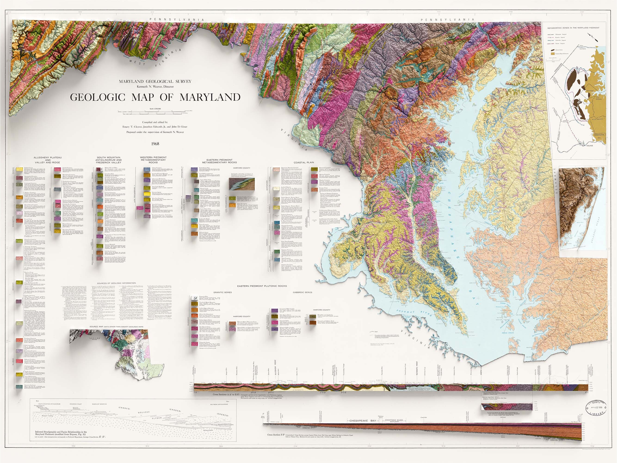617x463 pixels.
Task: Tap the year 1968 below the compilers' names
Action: click(x=155, y=144)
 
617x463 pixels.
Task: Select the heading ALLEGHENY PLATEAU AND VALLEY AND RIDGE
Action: click(x=48, y=160)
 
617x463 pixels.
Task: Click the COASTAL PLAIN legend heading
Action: click(x=304, y=162)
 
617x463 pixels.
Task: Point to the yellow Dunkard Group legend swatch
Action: click(x=19, y=169)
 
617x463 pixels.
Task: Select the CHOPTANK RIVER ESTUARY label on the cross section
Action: click(x=394, y=421)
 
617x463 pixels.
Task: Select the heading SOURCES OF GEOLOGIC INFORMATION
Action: click(x=116, y=283)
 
